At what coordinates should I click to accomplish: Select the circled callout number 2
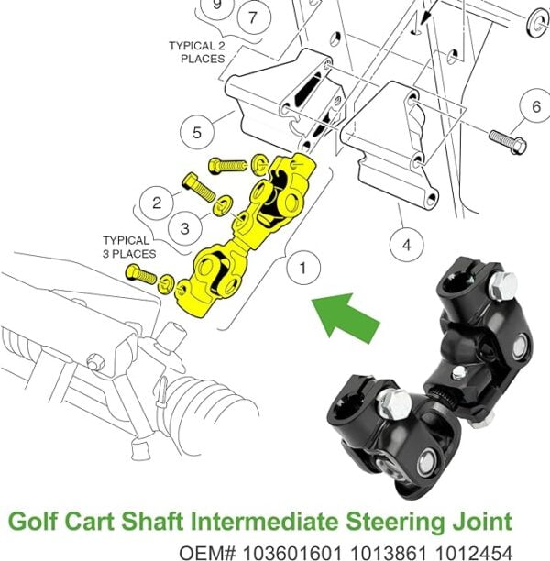[x=157, y=202]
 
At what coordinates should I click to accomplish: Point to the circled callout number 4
[x=405, y=244]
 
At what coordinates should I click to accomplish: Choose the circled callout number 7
[x=253, y=16]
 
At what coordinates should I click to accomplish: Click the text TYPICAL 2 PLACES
[x=197, y=51]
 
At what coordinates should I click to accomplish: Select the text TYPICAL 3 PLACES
[x=128, y=246]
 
